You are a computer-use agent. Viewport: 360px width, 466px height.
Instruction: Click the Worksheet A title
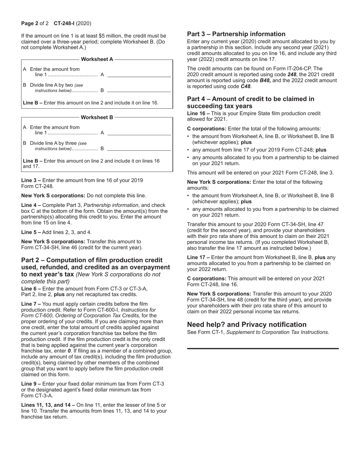(x=97, y=59)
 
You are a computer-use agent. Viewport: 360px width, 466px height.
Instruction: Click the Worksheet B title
(x=97, y=117)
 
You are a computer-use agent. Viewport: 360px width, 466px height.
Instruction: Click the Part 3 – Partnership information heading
(x=236, y=34)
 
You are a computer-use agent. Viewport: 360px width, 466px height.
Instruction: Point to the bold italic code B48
(x=265, y=81)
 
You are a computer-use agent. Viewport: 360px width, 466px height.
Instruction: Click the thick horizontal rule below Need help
(x=263, y=348)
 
